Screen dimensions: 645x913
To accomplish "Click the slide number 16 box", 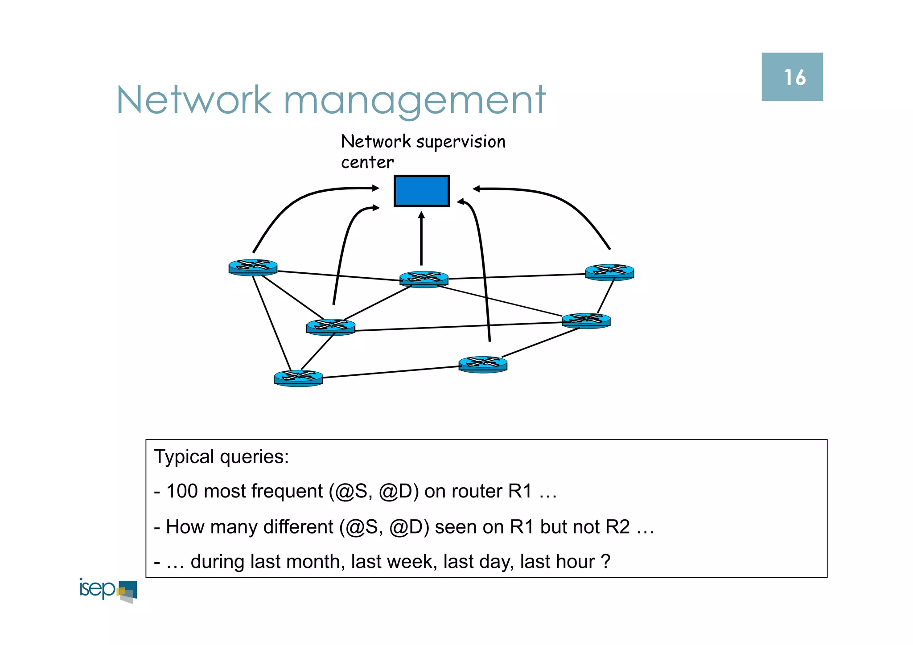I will click(x=792, y=77).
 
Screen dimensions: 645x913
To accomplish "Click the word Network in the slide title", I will click(x=193, y=100).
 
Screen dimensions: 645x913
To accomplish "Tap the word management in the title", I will click(x=415, y=101).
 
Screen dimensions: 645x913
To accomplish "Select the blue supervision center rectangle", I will click(x=421, y=191).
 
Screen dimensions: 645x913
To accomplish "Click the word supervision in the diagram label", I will click(x=461, y=142).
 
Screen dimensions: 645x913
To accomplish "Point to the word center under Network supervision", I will click(x=367, y=162).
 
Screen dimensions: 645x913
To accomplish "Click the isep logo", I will click(x=108, y=590).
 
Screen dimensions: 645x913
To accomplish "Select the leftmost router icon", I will click(x=253, y=267).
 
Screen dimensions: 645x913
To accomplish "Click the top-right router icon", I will click(x=609, y=271).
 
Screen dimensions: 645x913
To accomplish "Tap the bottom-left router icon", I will click(x=298, y=378).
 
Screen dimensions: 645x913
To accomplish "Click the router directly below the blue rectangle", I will click(x=424, y=279).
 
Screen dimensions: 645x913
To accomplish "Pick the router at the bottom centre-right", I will click(x=483, y=364).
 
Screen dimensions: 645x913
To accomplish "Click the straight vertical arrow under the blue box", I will click(x=421, y=238).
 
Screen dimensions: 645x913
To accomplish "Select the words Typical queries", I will click(x=221, y=457).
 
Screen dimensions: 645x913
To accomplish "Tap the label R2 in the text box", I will click(x=617, y=527).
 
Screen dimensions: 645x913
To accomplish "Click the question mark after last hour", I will click(x=605, y=561).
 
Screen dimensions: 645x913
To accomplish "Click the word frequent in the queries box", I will click(x=287, y=491).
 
